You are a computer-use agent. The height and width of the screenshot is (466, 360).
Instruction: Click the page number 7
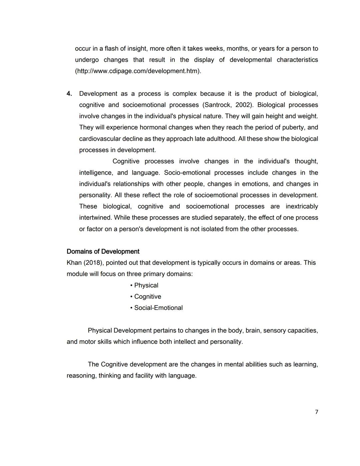[x=316, y=412]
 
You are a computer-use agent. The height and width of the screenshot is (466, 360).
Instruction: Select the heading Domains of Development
[x=103, y=252]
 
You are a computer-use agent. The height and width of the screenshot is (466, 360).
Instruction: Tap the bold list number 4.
[x=69, y=94]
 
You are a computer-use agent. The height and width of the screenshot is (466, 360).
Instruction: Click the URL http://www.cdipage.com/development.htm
[x=138, y=71]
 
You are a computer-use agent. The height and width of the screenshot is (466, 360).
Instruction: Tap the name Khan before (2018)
[x=74, y=263]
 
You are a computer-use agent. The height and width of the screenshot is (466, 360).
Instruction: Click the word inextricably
[x=302, y=206]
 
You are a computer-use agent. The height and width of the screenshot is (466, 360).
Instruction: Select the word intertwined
[x=95, y=218]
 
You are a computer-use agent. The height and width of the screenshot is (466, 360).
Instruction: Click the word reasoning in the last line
[x=81, y=376]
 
